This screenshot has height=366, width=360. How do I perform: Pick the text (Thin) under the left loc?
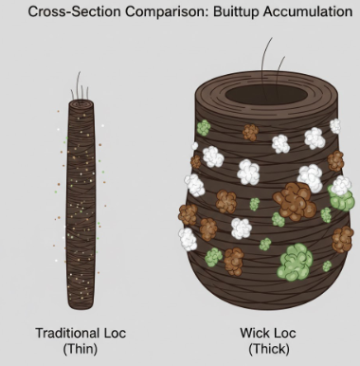click(x=81, y=349)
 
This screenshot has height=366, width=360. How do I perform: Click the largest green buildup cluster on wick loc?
click(x=296, y=257)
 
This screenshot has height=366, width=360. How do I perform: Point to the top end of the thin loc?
click(x=81, y=98)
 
